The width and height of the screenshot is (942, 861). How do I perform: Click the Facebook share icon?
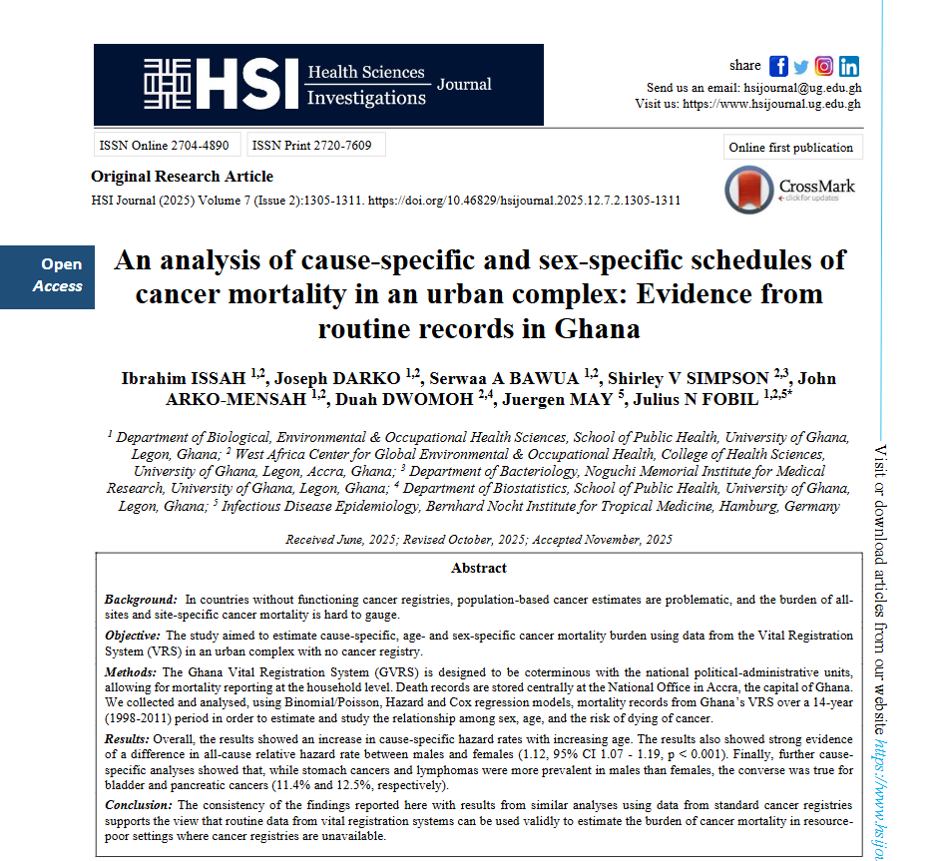pos(778,66)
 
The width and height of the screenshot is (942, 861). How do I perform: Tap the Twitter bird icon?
pos(801,67)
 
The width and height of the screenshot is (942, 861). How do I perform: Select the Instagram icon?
pos(824,66)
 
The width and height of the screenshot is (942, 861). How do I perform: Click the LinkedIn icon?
pos(849,66)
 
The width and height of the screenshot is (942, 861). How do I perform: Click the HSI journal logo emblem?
pos(169,84)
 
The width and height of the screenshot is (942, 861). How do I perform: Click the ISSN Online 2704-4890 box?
pos(165,146)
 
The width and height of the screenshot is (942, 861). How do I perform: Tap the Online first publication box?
pos(791,148)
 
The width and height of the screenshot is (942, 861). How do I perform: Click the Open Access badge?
pos(59,276)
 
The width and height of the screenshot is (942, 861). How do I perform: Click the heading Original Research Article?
pos(182,177)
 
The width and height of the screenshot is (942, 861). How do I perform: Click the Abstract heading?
pos(479,568)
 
